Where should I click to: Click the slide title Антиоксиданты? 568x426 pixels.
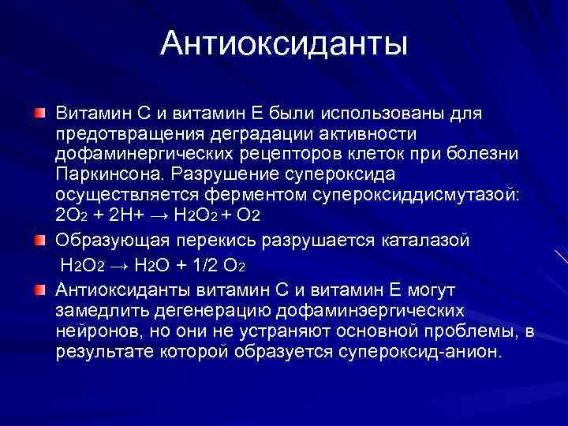[x=284, y=43]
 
